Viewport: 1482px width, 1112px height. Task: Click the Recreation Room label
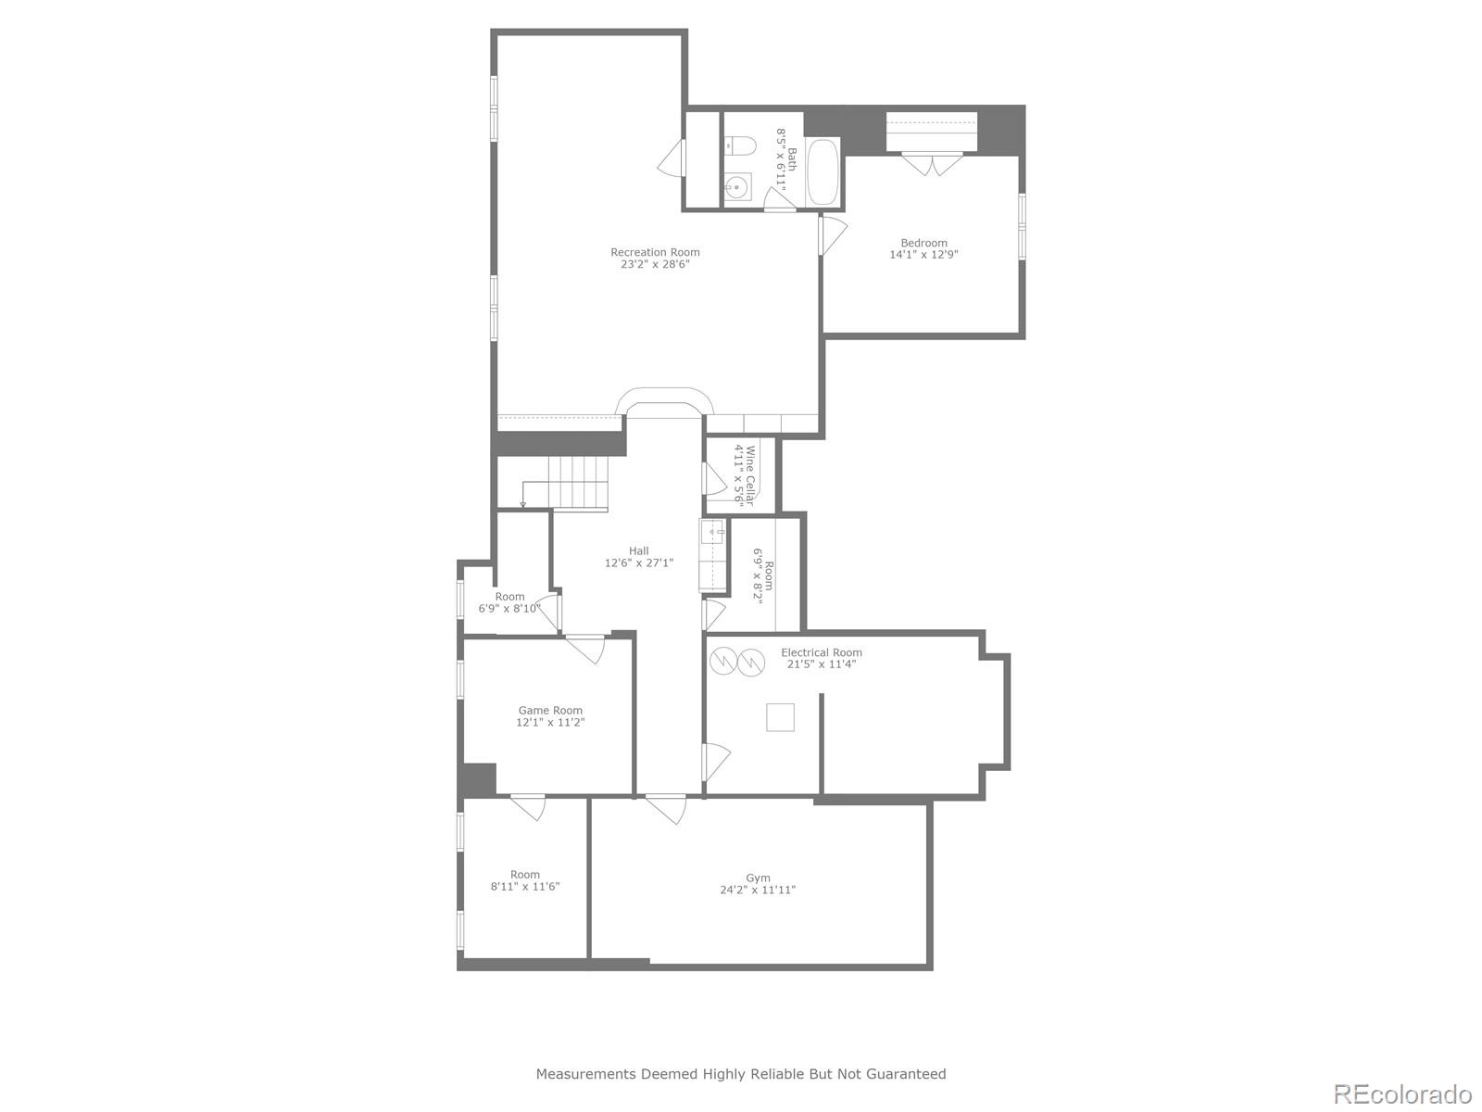point(655,252)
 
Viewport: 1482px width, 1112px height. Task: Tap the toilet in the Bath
point(740,145)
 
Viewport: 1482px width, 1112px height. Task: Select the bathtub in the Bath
point(823,172)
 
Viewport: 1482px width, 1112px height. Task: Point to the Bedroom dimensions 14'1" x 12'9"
point(923,254)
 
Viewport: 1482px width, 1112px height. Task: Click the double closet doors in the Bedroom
point(933,164)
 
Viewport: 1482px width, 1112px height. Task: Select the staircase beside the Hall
point(575,483)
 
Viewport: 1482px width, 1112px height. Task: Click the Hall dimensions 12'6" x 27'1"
point(638,562)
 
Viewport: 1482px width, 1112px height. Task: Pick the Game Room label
point(550,710)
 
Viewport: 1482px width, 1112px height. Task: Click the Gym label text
point(758,878)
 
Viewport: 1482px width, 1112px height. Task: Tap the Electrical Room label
point(821,652)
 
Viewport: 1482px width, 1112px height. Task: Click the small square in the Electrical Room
point(780,717)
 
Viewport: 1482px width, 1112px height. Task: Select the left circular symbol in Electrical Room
point(722,661)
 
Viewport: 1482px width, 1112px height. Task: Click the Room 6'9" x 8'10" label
point(509,602)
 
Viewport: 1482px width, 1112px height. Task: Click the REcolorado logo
point(1401,1093)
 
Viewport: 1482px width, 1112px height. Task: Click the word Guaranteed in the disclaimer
point(908,1074)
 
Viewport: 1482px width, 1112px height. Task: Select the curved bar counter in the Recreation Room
point(666,399)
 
